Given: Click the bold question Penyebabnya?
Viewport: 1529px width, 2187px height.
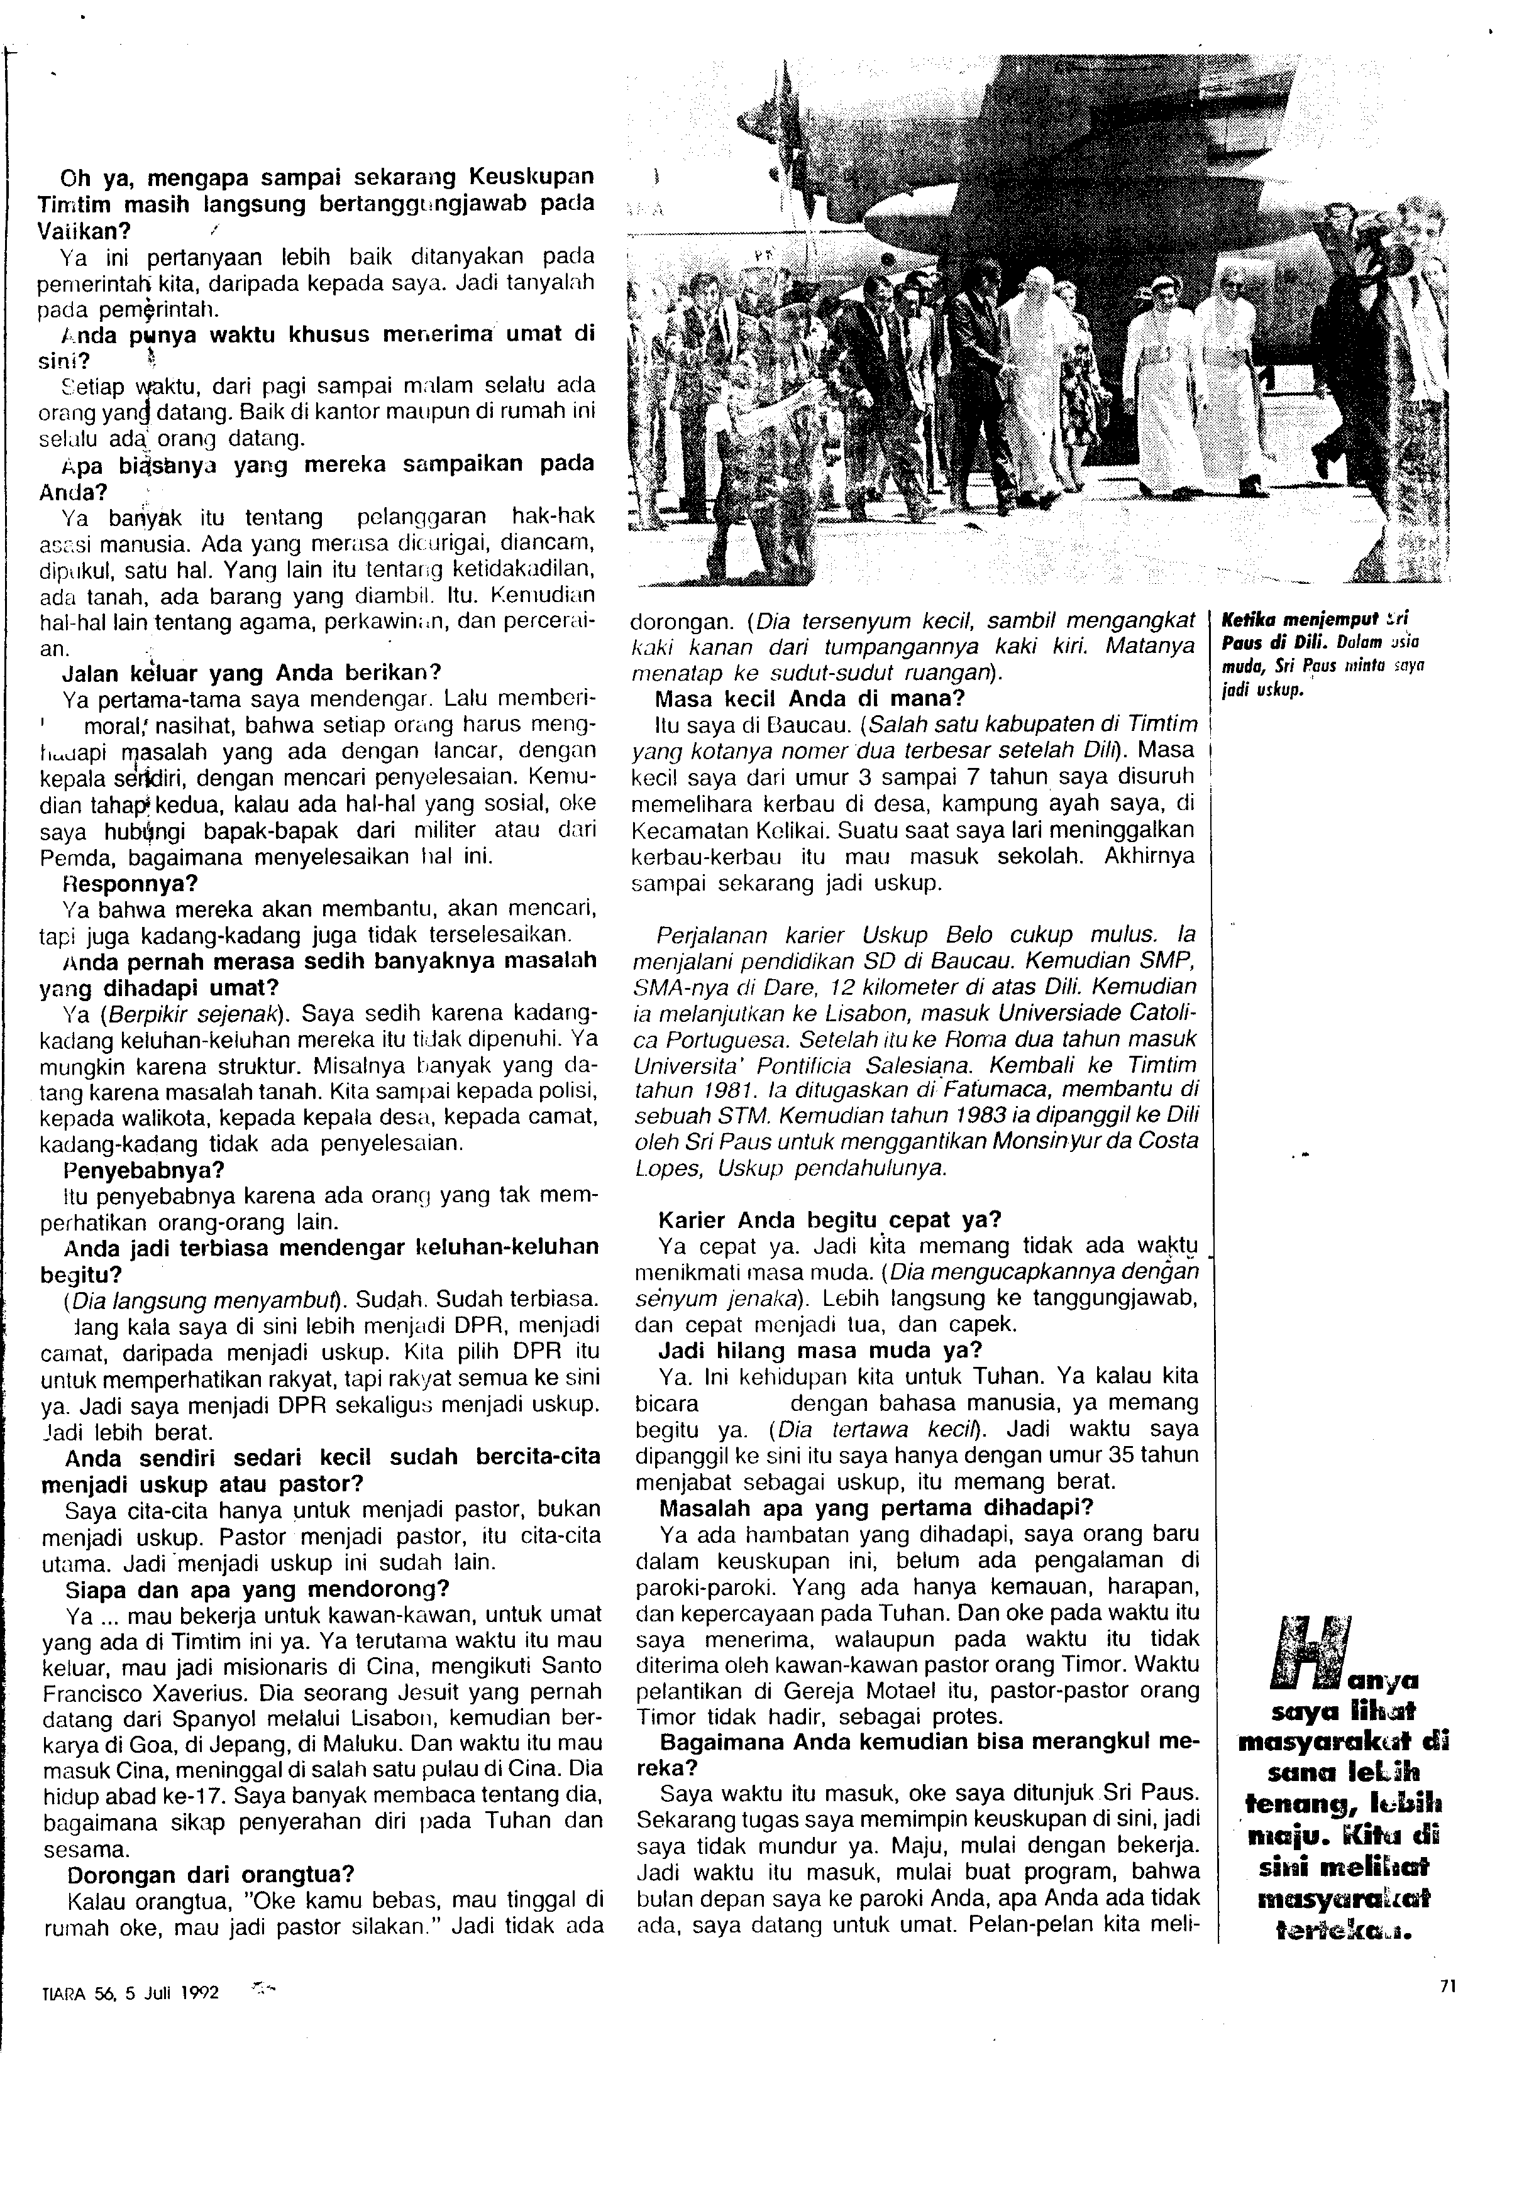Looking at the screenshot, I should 130,1168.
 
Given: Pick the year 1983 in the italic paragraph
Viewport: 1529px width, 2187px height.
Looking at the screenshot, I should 959,1114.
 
